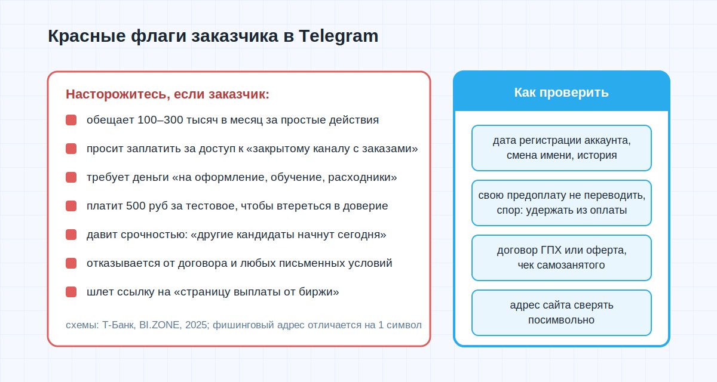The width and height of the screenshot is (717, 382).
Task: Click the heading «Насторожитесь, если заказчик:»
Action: click(168, 94)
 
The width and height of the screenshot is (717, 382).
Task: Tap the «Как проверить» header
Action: click(562, 93)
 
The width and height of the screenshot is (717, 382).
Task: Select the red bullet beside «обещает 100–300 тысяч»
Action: click(71, 120)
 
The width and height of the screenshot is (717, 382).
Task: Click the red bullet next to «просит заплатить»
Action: click(71, 149)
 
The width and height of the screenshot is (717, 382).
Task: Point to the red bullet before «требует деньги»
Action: click(71, 177)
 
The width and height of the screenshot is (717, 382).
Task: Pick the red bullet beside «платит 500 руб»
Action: click(71, 206)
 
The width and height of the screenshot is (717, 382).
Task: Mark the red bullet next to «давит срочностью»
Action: click(71, 235)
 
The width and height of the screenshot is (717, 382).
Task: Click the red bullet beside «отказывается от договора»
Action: click(71, 263)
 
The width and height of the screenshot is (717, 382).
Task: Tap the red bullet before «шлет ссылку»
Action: click(71, 292)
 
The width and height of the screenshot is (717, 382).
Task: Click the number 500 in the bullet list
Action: click(136, 206)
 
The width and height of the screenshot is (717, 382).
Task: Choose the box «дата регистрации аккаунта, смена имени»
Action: click(562, 148)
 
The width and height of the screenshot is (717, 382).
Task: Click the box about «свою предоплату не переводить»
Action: click(562, 203)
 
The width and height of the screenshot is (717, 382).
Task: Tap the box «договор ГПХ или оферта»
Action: click(562, 258)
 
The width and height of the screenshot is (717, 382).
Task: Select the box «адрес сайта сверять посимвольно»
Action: click(562, 313)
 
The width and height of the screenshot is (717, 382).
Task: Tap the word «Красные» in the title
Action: click(87, 36)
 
